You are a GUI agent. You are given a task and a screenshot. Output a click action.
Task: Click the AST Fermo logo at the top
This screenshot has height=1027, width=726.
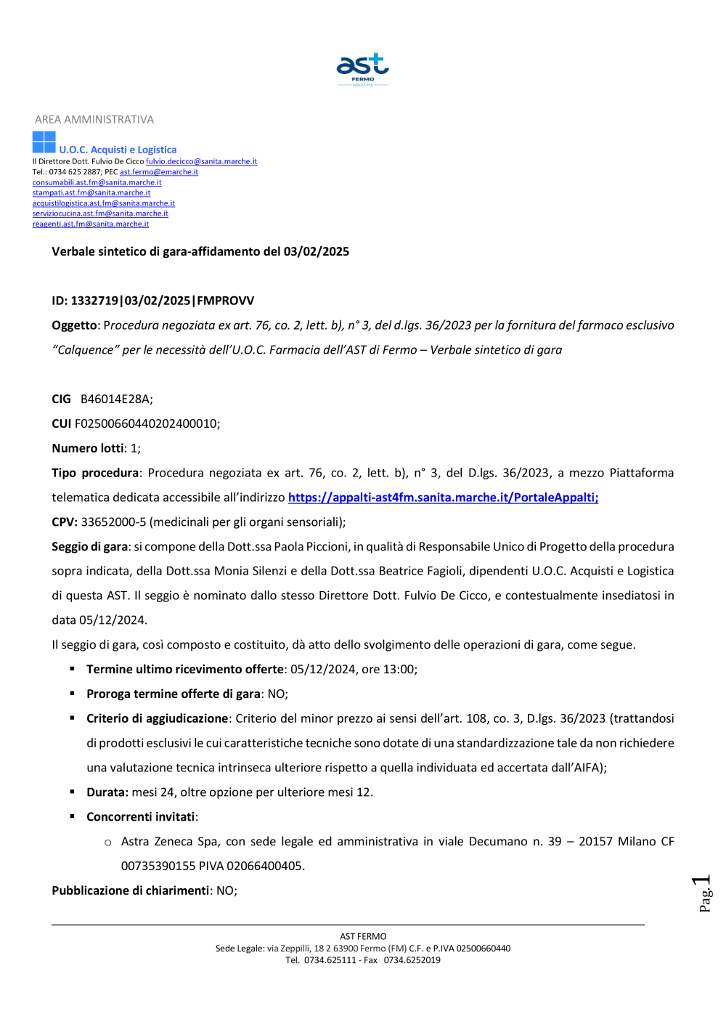(362, 69)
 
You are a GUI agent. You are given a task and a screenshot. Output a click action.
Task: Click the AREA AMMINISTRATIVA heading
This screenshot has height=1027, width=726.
(94, 120)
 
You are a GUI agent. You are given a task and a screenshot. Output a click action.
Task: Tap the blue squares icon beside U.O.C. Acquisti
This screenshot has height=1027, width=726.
(44, 142)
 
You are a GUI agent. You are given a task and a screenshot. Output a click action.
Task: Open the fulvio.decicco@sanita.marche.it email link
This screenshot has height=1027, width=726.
(201, 161)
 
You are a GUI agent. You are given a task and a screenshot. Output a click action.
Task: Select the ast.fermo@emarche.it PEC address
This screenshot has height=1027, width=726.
(159, 172)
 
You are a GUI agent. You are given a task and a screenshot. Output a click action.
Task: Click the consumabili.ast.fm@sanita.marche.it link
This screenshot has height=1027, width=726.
(97, 182)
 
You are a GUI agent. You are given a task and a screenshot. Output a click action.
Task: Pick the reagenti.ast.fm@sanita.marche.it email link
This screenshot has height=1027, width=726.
(91, 224)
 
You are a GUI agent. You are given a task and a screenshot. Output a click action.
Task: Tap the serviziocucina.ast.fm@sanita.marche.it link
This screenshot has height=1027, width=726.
(100, 214)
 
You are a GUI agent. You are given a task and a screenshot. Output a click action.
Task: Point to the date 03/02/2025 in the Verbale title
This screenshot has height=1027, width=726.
(317, 252)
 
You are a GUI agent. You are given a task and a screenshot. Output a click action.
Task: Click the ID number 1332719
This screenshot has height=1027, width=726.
(94, 301)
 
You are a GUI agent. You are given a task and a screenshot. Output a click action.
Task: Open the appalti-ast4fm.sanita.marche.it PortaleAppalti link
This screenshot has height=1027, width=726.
(443, 498)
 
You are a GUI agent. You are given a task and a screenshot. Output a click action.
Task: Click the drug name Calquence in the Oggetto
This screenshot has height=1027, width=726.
(85, 350)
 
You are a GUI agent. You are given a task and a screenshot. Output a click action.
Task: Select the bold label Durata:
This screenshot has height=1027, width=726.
(107, 792)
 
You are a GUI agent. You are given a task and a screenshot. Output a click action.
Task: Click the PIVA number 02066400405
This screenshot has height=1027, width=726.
(265, 866)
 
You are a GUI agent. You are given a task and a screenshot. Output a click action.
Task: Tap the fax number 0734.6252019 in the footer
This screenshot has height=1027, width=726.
(412, 960)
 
